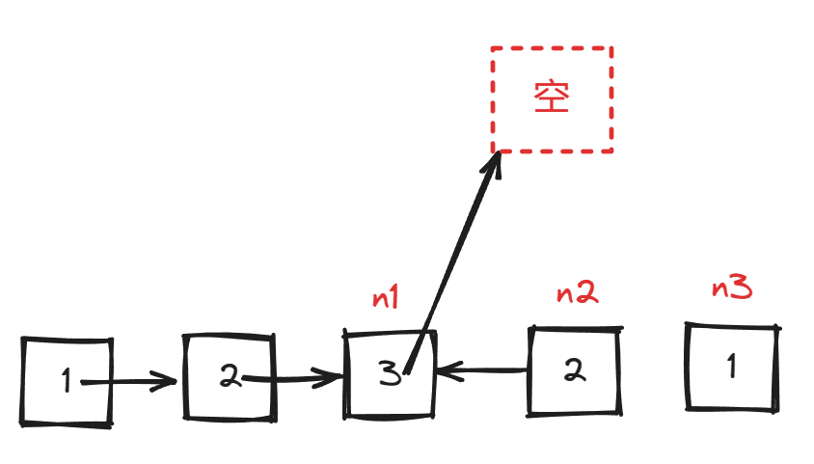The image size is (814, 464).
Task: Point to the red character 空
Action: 553,96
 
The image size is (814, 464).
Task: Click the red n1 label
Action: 386,298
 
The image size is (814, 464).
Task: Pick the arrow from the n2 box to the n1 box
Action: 482,368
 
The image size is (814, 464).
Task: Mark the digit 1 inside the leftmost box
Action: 66,382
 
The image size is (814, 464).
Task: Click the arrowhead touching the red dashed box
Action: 494,165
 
